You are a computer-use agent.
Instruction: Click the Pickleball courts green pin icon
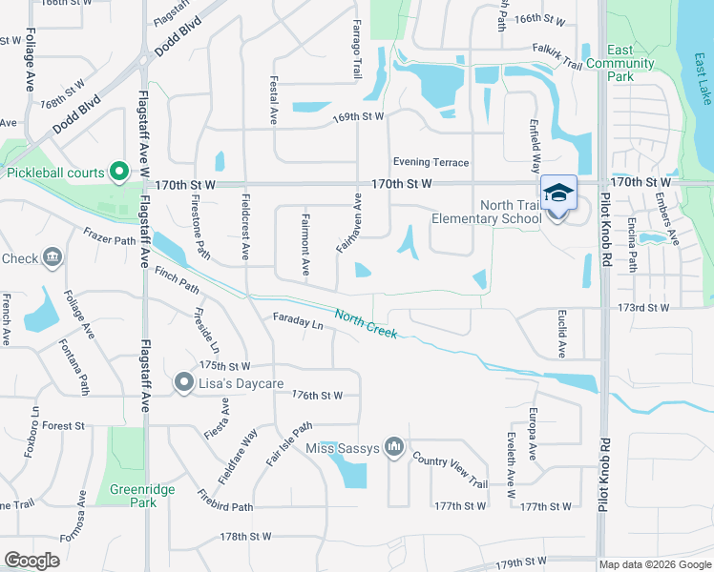coord(119,172)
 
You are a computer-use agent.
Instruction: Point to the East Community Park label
coord(632,63)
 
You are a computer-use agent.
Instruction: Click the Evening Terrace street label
coord(430,162)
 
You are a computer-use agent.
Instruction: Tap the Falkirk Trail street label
coord(558,60)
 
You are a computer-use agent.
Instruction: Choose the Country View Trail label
coord(450,472)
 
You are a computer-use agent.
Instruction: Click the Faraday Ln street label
coord(298,321)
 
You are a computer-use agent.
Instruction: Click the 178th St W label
coord(247,538)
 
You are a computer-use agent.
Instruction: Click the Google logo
coord(32,561)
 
